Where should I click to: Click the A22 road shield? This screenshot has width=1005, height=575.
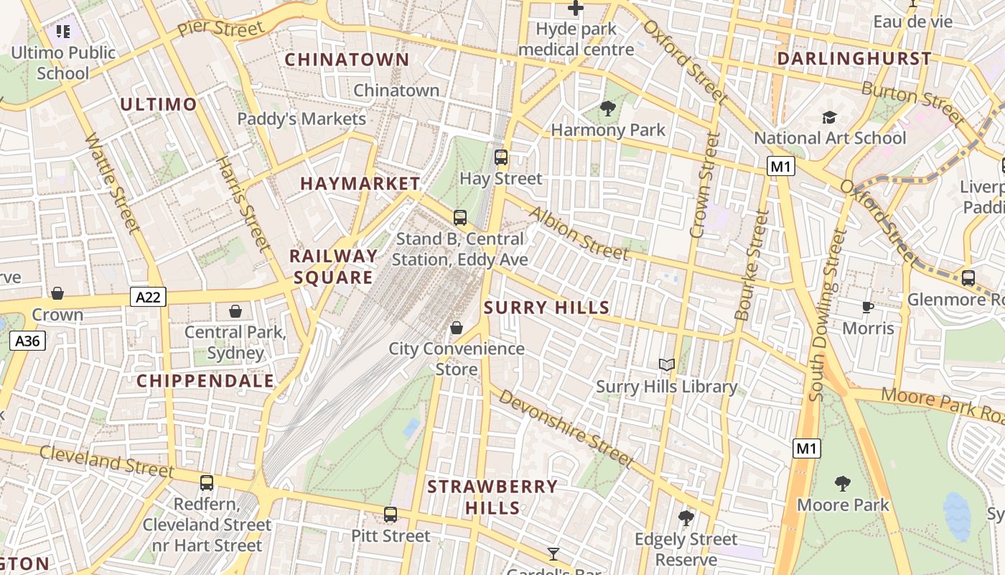(149, 296)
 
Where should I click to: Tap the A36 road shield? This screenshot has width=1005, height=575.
(28, 341)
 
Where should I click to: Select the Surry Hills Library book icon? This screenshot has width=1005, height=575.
(667, 365)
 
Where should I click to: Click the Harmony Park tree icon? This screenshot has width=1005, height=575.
(608, 109)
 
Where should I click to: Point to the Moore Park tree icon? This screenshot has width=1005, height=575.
(843, 484)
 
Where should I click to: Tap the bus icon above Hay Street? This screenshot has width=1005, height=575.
(501, 157)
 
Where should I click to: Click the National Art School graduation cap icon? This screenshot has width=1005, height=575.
(830, 117)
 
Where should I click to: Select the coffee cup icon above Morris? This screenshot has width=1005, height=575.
(868, 308)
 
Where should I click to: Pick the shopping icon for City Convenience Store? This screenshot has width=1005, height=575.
(457, 328)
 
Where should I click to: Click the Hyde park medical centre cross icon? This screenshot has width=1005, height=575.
(576, 9)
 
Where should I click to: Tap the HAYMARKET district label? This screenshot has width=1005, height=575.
(360, 183)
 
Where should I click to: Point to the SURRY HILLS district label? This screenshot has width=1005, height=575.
(546, 308)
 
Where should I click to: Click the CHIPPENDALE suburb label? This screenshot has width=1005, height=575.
(205, 381)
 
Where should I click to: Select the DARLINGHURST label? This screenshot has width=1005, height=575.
(854, 58)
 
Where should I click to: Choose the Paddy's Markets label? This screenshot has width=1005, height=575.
(301, 119)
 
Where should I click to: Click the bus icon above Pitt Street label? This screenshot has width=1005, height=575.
(391, 515)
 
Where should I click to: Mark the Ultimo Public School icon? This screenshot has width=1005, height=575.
(63, 32)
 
